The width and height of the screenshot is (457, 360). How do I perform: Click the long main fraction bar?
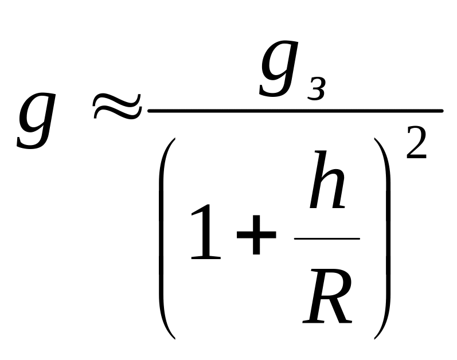pos(295,110)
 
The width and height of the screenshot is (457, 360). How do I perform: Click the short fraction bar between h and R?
pos(327,238)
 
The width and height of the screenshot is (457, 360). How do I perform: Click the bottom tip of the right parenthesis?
pos(377,336)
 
